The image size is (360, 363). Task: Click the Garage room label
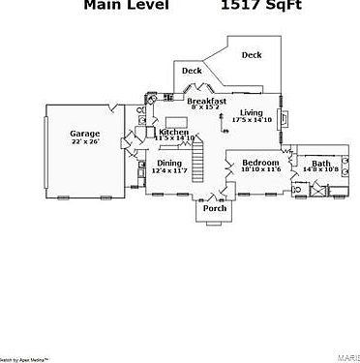tap(85, 134)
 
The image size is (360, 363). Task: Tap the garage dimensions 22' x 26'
tap(85, 142)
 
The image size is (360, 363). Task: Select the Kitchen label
tap(173, 132)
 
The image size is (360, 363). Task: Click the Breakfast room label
tap(206, 101)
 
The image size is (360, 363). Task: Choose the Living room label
tap(252, 112)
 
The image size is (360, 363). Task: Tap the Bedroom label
tap(260, 162)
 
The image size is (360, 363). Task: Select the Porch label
tap(214, 208)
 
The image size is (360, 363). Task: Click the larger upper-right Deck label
tap(252, 55)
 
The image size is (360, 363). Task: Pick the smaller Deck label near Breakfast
tap(192, 71)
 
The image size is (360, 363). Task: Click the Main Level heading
tap(126, 6)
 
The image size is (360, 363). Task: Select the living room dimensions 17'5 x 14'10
tap(252, 120)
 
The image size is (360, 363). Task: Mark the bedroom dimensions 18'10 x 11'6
tap(260, 169)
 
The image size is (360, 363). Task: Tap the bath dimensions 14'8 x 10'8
tap(320, 169)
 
